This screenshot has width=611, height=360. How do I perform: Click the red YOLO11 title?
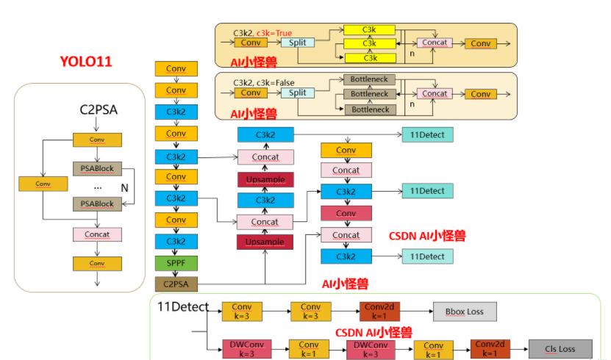pos(86,61)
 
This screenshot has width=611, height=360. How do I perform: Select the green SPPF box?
pos(176,262)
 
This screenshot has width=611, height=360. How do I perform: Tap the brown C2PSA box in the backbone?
pos(176,284)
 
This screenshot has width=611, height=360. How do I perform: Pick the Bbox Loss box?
pos(465,312)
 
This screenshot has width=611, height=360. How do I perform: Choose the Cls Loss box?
pos(561,349)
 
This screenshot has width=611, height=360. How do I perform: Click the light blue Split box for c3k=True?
pos(297,43)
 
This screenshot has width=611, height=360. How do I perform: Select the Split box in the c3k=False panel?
pos(297,93)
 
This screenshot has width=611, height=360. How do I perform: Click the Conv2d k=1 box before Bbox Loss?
pos(379,312)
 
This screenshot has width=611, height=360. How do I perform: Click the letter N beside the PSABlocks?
pos(124,188)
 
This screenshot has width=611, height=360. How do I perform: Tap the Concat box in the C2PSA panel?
pos(97,235)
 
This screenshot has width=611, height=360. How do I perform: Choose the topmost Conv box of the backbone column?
pos(176,69)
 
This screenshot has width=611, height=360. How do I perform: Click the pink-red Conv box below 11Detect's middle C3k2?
pos(346,214)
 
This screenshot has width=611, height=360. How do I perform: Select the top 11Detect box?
pos(427,134)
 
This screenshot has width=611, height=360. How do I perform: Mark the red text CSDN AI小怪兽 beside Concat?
pos(427,236)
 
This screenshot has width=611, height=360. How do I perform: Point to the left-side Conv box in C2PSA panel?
pos(43,184)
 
